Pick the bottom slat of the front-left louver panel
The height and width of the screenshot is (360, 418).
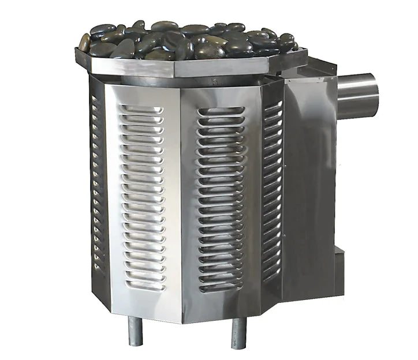(144, 285)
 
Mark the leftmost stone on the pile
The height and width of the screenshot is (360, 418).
(85, 42)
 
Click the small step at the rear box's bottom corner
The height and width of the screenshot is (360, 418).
(341, 262)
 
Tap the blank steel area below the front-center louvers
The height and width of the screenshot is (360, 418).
(222, 306)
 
